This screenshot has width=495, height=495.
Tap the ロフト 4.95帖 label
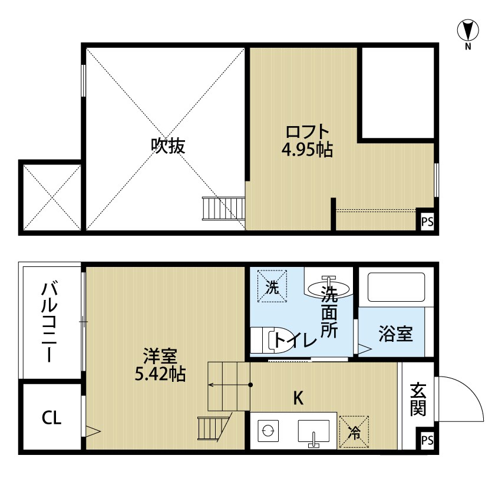point(307,141)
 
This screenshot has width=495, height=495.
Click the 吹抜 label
point(167,146)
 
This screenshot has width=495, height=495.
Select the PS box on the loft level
point(427,222)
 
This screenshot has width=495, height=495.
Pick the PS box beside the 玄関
point(427,440)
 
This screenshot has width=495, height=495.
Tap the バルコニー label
point(49,322)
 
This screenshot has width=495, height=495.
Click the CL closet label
point(51,418)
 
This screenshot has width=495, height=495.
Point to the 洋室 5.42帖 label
point(160,365)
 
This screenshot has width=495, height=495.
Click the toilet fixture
point(273,340)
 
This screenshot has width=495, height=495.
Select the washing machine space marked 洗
point(272,286)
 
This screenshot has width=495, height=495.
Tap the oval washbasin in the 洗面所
point(329,288)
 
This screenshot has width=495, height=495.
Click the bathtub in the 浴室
point(396,287)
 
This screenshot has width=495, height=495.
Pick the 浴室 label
point(395,334)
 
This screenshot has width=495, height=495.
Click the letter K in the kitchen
point(298,398)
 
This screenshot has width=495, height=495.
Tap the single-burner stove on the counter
point(268,431)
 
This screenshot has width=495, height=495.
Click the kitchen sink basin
point(313,431)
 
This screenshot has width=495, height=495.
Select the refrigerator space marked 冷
point(354,432)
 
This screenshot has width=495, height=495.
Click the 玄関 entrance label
point(418,399)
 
